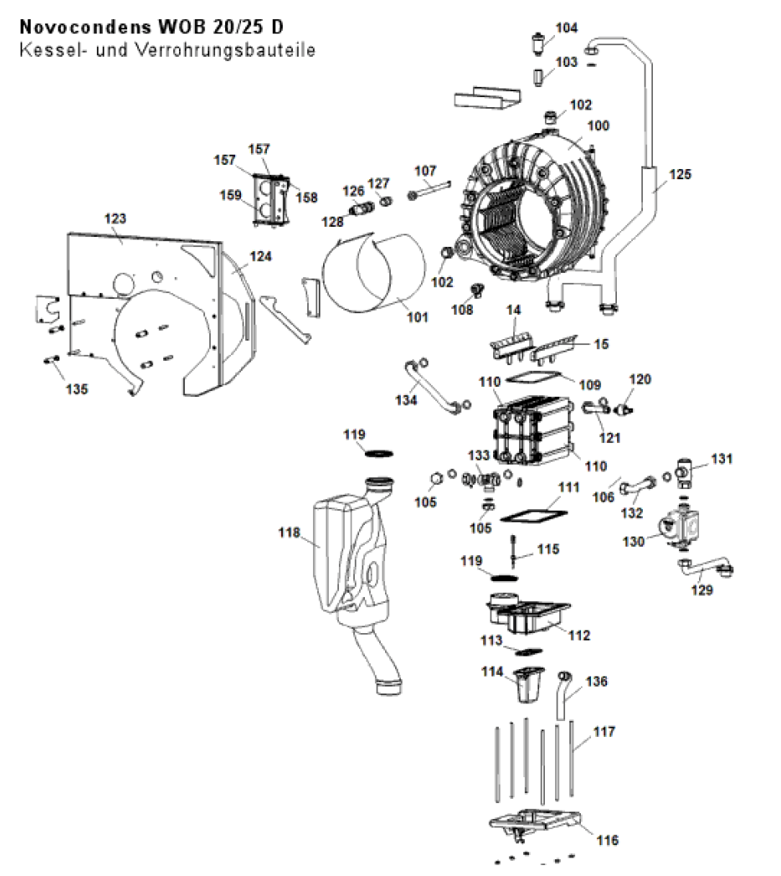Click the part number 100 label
click(x=598, y=126)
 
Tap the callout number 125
click(x=680, y=174)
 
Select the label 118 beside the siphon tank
click(x=289, y=533)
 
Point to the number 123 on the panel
click(x=115, y=219)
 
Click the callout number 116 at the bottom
click(x=607, y=840)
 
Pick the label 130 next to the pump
click(x=633, y=541)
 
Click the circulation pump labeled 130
click(x=677, y=526)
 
